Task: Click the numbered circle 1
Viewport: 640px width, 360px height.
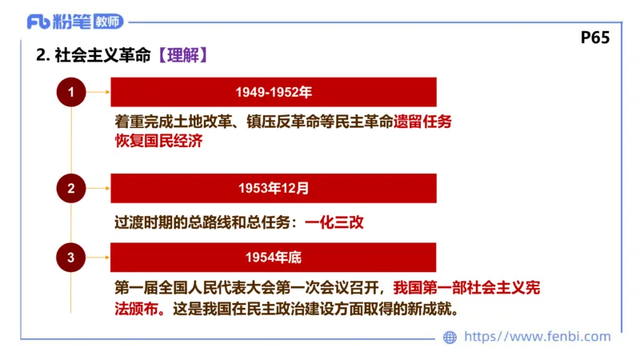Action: (71, 92)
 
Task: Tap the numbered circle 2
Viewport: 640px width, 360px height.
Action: (71, 189)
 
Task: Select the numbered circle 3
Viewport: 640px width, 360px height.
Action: (71, 257)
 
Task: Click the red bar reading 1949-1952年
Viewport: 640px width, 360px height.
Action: (274, 92)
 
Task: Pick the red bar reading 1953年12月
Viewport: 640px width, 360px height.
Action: (274, 189)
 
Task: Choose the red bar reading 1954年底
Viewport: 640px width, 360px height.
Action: (274, 257)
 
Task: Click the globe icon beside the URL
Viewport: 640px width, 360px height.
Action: (450, 338)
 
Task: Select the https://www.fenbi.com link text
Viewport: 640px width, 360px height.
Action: (537, 337)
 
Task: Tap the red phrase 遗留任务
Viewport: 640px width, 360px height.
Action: (424, 122)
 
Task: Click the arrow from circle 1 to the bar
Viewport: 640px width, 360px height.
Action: (99, 92)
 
